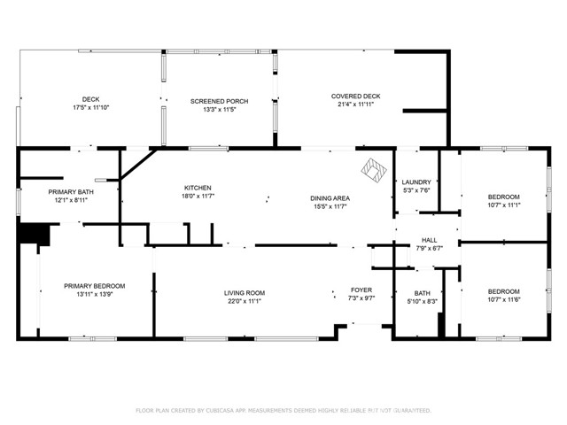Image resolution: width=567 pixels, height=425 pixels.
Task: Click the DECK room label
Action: [90, 99]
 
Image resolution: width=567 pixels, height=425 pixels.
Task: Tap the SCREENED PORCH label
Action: [219, 102]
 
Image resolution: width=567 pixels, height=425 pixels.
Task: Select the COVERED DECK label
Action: [355, 96]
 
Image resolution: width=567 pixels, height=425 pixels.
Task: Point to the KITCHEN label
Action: [197, 188]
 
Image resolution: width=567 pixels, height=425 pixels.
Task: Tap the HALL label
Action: [429, 240]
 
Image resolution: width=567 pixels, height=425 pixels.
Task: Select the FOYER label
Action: [361, 290]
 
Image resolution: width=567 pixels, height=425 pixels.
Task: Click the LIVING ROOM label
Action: [244, 293]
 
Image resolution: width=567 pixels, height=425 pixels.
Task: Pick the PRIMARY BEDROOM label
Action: [94, 286]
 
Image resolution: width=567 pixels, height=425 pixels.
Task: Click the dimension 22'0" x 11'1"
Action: [244, 301]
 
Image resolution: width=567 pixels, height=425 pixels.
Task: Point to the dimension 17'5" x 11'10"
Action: [90, 107]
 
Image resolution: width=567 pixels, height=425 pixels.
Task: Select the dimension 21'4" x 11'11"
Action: [355, 104]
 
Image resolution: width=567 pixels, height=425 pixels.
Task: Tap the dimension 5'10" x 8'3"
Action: [423, 301]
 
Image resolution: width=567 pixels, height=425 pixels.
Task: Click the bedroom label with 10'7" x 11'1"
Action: [503, 197]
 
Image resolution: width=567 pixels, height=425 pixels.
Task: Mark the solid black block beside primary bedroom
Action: [34, 233]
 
